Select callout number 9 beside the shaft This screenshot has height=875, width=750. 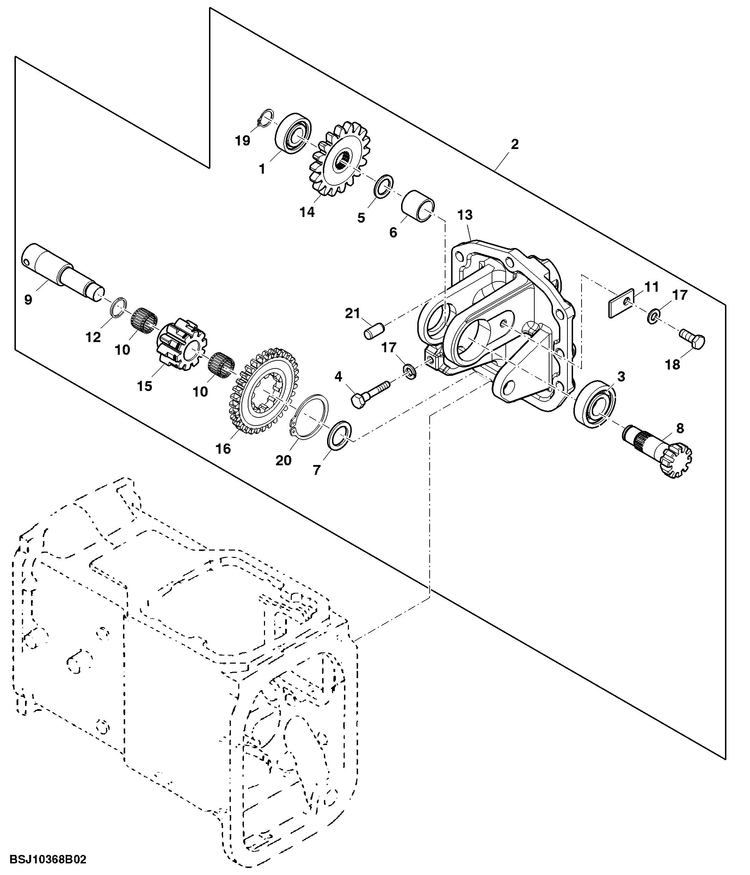28,300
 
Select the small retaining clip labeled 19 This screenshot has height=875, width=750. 265,119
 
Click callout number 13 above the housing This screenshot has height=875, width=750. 465,215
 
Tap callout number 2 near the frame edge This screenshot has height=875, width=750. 514,144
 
